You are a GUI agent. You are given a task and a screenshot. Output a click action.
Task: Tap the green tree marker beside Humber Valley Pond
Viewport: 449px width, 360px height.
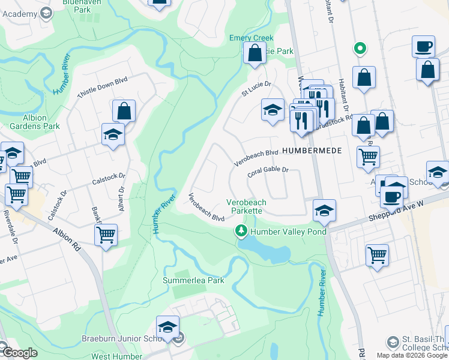click(x=241, y=231)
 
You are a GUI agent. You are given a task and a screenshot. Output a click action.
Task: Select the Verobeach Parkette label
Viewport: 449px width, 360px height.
click(x=244, y=206)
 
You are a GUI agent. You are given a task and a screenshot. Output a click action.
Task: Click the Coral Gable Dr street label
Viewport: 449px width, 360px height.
click(x=268, y=172)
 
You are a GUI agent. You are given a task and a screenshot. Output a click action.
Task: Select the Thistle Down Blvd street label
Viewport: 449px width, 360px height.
click(x=103, y=90)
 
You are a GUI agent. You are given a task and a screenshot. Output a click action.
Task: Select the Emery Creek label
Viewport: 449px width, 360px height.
click(x=251, y=38)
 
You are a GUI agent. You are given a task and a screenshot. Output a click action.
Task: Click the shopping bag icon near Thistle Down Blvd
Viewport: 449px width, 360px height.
click(x=124, y=111)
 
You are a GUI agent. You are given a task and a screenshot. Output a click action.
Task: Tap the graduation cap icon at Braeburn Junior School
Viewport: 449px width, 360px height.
click(x=168, y=327)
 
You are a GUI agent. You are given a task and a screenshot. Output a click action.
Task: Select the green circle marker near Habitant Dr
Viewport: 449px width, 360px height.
click(x=360, y=48)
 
